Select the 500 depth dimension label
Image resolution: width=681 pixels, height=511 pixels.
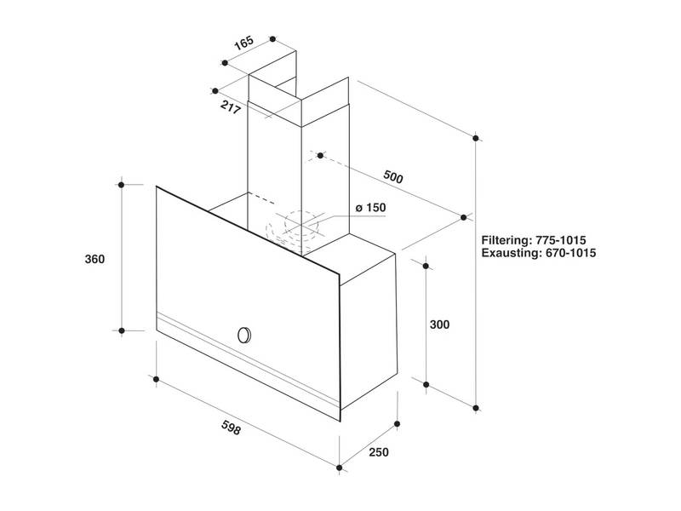point(392,178)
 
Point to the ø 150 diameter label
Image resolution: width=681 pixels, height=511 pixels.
point(371,209)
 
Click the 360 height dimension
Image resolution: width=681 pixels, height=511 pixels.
point(94,260)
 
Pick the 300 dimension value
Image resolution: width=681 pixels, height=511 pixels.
point(439,324)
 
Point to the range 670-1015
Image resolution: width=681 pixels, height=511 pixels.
point(569,254)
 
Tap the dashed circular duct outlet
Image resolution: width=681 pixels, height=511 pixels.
point(295,227)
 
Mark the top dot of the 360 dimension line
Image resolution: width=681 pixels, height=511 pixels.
point(122,184)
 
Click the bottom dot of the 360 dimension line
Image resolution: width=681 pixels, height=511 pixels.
point(122,330)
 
